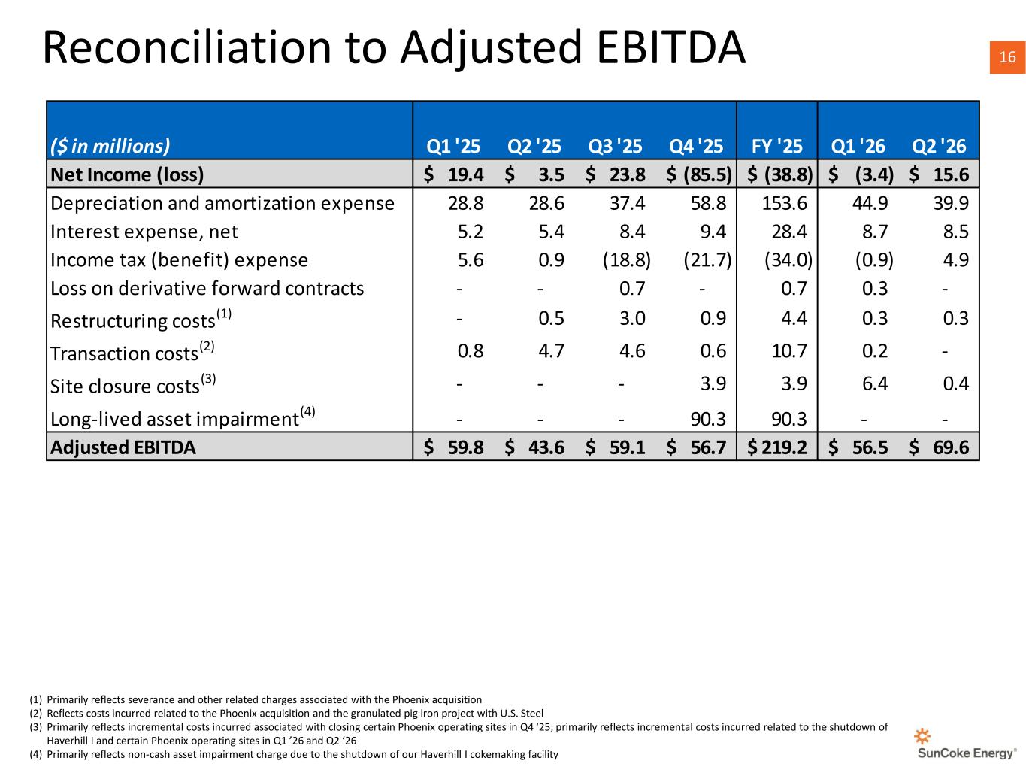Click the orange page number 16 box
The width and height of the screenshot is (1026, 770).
coord(1007,57)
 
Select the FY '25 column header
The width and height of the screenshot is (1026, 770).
coord(776,147)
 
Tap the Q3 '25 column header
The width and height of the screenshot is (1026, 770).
coord(615,147)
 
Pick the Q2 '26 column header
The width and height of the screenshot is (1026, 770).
coord(939,147)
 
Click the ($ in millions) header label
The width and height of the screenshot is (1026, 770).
coord(110,146)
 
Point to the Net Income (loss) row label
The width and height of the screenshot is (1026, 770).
coord(127,175)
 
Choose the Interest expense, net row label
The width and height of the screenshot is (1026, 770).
coord(144,232)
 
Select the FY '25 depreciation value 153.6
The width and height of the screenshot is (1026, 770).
coord(784,203)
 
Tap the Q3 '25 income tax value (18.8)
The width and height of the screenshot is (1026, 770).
coord(626,260)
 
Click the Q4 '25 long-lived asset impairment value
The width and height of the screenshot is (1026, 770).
coord(708,419)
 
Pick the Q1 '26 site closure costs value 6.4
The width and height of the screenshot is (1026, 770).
coord(875,383)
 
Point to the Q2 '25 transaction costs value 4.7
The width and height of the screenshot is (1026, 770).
coord(551,351)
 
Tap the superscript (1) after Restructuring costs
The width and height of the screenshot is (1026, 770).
coord(224,314)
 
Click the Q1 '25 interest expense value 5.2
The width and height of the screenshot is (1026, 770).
coord(471,232)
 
